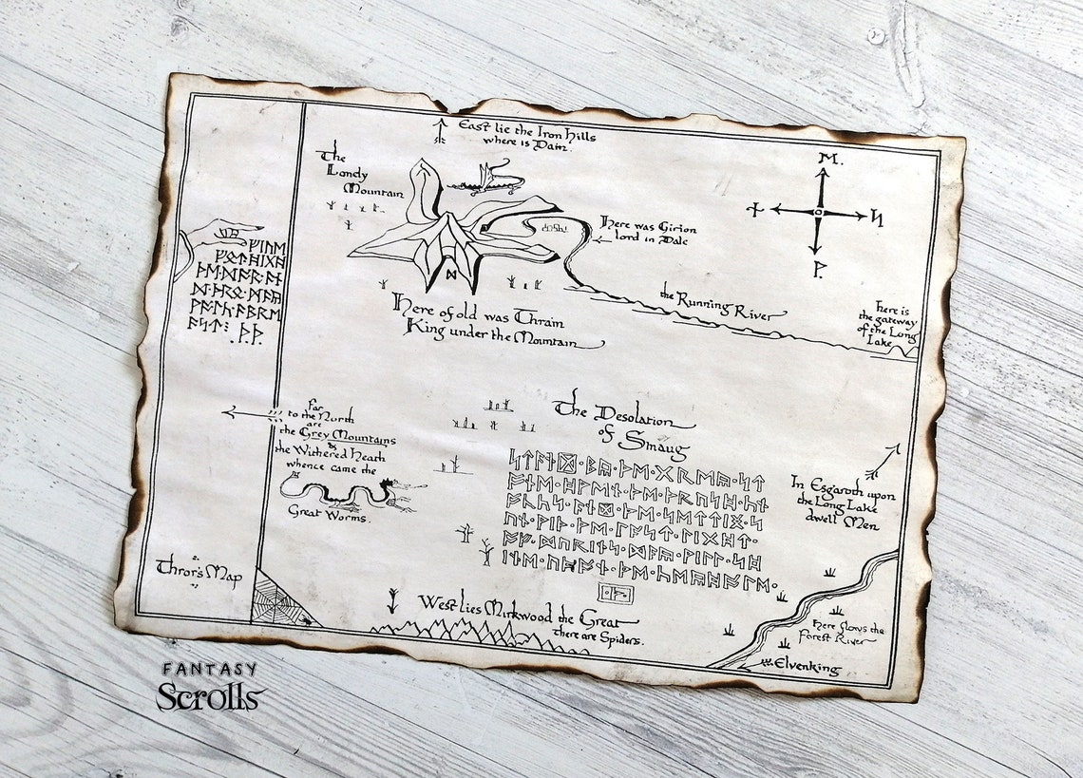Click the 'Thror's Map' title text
click(x=199, y=573)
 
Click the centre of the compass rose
click(x=817, y=213)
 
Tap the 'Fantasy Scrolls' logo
click(x=211, y=687)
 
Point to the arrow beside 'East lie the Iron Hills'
click(x=439, y=130)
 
